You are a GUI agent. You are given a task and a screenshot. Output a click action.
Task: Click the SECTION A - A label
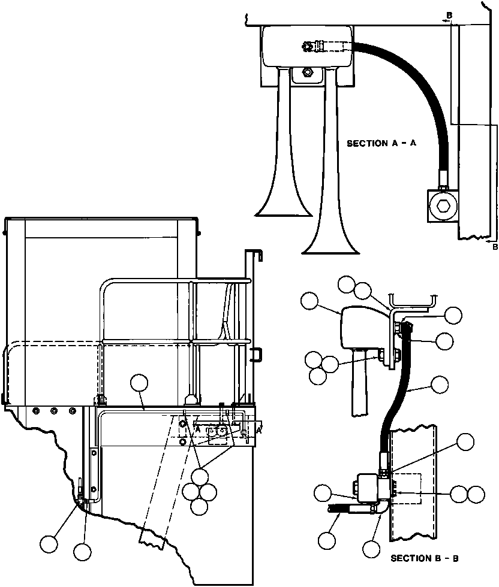pyautogui.click(x=382, y=144)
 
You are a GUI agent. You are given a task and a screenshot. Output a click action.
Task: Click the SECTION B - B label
pyautogui.click(x=424, y=558)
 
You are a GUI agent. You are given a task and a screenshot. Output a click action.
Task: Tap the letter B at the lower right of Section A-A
pyautogui.click(x=494, y=246)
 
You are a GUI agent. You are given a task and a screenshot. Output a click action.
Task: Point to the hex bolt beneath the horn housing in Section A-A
pyautogui.click(x=307, y=72)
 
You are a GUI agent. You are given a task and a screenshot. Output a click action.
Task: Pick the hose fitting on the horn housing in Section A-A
pyautogui.click(x=315, y=44)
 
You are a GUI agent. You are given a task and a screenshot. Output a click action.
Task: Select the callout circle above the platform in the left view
pyautogui.click(x=140, y=383)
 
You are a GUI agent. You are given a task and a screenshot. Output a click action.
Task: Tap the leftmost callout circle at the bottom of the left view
pyautogui.click(x=49, y=544)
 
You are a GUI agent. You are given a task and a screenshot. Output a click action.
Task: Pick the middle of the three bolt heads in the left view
pyautogui.click(x=54, y=411)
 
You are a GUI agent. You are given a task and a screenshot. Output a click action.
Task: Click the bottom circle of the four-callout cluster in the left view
pyautogui.click(x=199, y=506)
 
